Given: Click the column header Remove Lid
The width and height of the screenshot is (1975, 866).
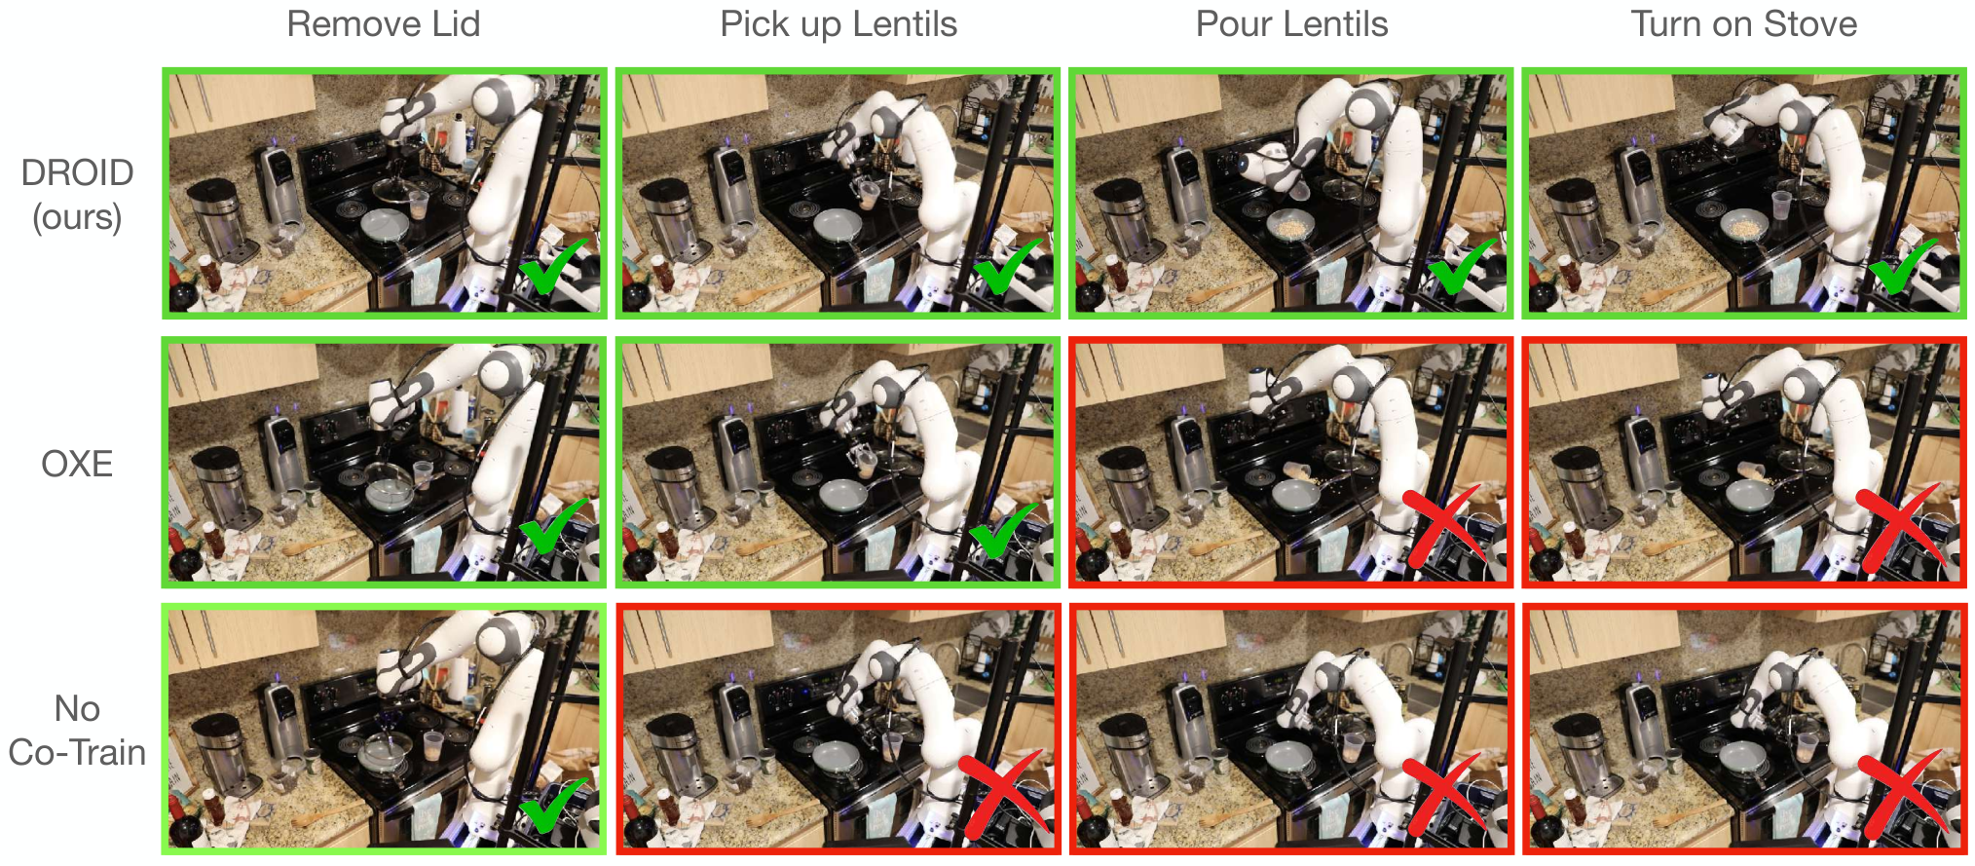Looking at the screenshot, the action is [384, 24].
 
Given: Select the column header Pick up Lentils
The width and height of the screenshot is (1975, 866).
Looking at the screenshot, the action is [838, 25].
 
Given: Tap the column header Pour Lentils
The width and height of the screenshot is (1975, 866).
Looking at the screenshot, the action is [1291, 24].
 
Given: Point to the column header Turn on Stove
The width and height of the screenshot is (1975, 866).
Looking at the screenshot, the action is [1744, 24].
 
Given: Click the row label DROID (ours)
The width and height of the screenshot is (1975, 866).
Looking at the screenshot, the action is [77, 195].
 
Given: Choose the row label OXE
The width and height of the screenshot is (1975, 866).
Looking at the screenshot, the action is [77, 464].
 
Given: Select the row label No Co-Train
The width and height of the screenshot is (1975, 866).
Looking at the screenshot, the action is [77, 731].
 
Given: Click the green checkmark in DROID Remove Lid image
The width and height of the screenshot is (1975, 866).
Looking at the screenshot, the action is [552, 266].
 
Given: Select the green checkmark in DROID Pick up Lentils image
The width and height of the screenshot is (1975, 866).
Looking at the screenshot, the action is [1007, 266].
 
